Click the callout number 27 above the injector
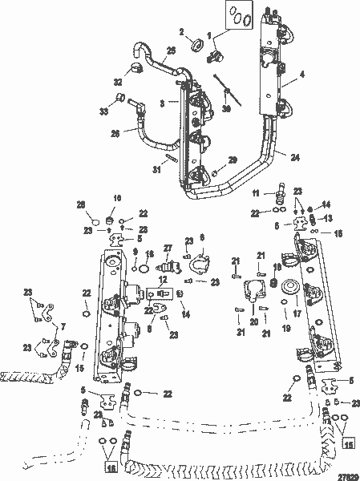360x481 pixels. (168, 248)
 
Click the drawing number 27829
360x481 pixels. (340, 473)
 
